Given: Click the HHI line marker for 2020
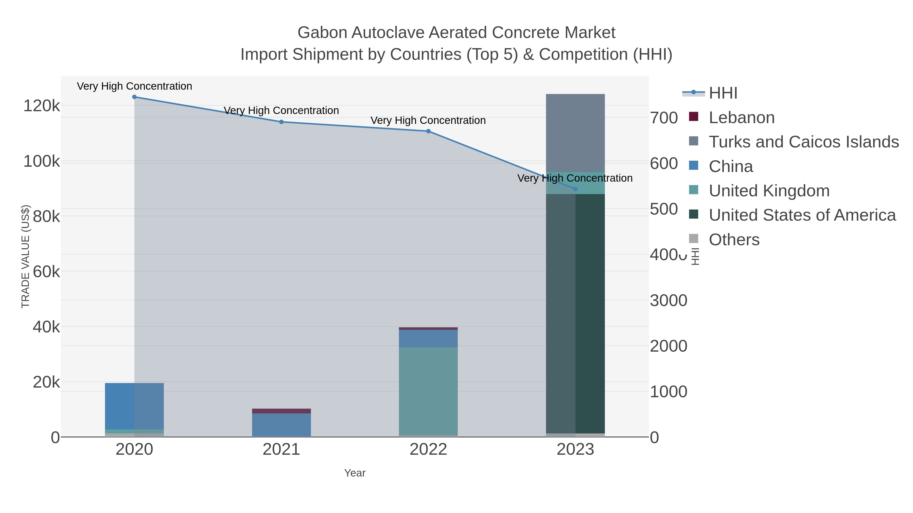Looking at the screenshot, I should coord(134,97).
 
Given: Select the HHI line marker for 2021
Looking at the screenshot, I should coord(282,122).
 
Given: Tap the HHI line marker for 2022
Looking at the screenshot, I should coord(428,131).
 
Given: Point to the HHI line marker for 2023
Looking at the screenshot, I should coord(575,189).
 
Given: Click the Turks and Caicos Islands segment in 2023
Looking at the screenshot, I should coord(575,133).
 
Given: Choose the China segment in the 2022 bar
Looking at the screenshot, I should coord(428,338).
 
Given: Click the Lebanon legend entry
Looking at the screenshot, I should coord(742,118).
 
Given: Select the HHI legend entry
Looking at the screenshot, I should coord(723,93).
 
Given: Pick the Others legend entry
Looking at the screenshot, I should coord(734,240).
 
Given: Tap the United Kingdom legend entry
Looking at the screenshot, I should coord(769,191).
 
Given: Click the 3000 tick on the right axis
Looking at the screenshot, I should coord(669,300).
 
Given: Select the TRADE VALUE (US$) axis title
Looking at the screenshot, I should coord(26,256).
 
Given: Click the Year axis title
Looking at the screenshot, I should coord(355,473).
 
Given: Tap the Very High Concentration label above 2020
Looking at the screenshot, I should coord(134,86).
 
